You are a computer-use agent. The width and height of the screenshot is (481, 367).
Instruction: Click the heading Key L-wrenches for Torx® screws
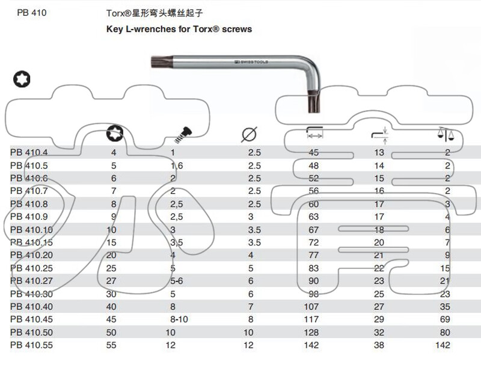pos(179,29)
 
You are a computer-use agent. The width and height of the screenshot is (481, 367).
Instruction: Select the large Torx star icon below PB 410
pos(22,79)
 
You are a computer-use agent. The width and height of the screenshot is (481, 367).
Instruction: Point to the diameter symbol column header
pos(249,134)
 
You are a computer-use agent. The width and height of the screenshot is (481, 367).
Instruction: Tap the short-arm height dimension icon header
pos(379,134)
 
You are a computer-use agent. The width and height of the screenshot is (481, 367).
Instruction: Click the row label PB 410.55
pos(31,345)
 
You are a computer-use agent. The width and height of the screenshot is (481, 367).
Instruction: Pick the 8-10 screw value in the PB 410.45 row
pos(179,319)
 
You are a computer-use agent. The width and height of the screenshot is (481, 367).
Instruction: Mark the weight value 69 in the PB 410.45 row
pos(444,319)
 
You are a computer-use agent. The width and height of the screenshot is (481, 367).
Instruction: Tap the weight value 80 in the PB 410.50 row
pos(444,332)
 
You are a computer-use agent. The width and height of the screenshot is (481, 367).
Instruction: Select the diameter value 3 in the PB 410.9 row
pos(251,216)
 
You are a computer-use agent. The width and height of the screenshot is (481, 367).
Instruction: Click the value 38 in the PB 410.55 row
pos(379,345)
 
